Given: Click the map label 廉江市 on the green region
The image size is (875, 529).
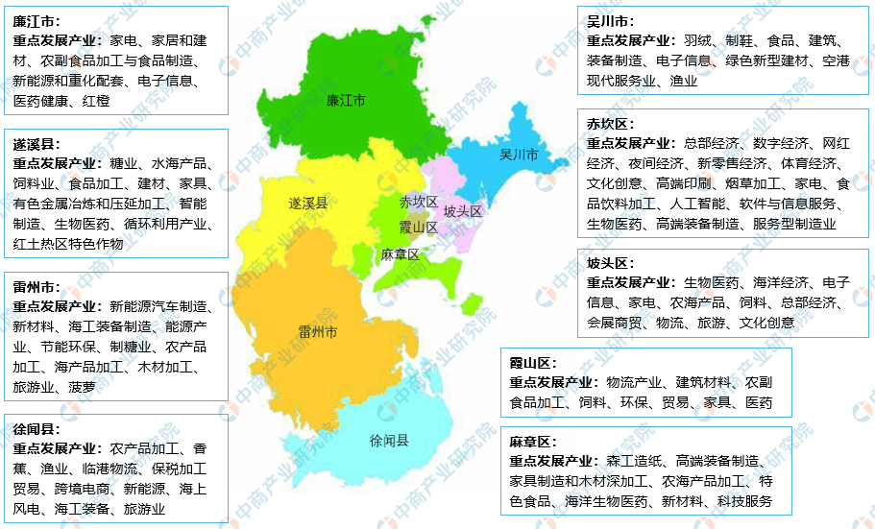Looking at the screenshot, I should point(345,100).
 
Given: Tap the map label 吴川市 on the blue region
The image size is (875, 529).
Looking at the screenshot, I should point(519,155).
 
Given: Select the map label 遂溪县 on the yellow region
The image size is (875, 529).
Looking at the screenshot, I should point(307,203).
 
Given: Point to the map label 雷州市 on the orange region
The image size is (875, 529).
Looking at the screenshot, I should point(317,332).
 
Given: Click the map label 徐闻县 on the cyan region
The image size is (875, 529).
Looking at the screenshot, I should point(389,441).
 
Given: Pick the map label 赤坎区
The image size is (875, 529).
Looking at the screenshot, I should point(419,202).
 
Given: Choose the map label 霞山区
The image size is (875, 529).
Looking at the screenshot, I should point(419,227).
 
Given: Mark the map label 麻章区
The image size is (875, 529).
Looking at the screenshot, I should point(400,254).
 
